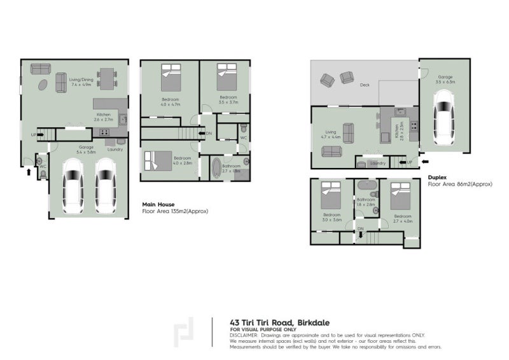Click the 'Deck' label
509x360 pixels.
coord(364,85)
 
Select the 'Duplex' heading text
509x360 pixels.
coord(437,177)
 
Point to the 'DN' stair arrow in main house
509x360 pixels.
coord(208,134)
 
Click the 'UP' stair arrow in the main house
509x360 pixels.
coord(34,135)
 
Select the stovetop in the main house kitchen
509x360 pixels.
coord(104,132)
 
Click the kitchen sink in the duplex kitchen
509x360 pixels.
coord(400,112)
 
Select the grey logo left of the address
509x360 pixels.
coord(185,331)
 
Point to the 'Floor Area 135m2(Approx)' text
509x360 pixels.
coord(175,211)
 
